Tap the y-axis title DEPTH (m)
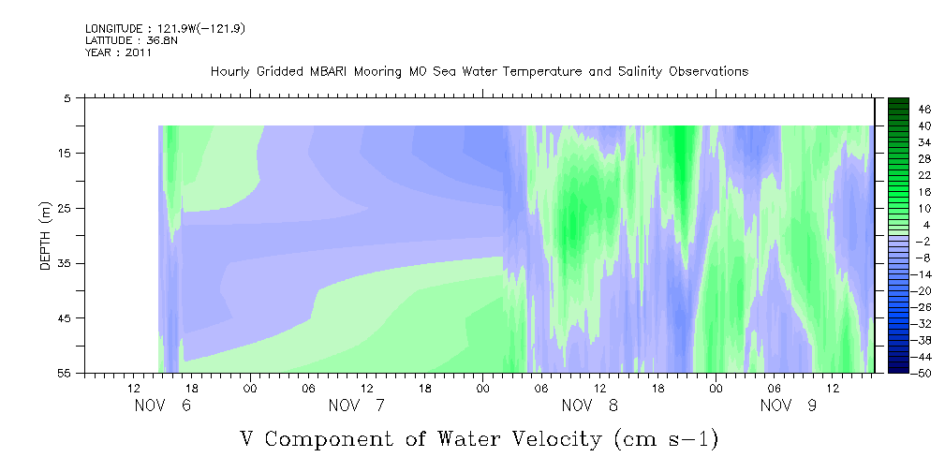pos(46,235)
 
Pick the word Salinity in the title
pos(642,72)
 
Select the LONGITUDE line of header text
pos(165,28)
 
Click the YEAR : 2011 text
pos(118,52)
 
